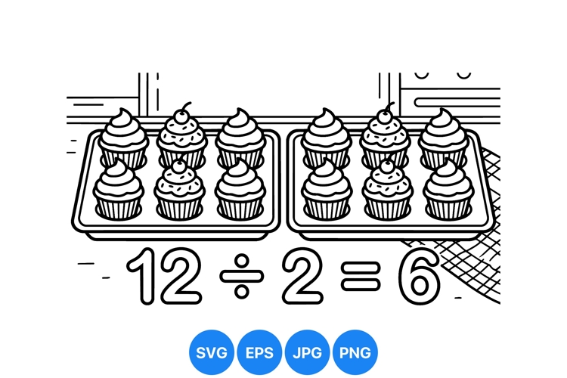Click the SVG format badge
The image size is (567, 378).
(x=212, y=352)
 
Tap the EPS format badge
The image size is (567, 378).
(x=259, y=352)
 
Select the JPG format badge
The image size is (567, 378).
(x=307, y=352)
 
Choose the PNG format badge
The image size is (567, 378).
(x=355, y=352)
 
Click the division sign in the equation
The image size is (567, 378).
(x=242, y=277)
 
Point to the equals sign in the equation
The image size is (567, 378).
(x=361, y=276)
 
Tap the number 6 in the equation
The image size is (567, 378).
(x=420, y=276)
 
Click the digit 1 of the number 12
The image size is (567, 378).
(x=142, y=276)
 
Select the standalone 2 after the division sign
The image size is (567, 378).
(x=302, y=276)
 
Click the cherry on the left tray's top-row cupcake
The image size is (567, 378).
(x=182, y=116)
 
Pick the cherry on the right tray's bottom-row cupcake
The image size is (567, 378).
(x=387, y=166)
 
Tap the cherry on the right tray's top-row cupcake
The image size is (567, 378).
(x=385, y=116)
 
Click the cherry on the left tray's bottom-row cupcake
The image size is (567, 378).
(x=178, y=166)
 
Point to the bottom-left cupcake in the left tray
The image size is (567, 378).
(x=118, y=190)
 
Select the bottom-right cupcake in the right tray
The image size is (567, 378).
(x=448, y=190)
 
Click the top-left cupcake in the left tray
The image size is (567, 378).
(x=123, y=138)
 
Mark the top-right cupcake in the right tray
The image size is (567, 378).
(x=443, y=138)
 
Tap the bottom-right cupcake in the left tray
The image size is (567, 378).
(x=240, y=190)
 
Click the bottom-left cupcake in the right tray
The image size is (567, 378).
(x=327, y=190)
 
